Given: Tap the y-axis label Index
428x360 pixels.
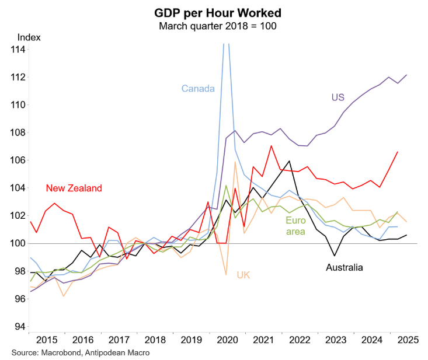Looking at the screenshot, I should click(x=29, y=37).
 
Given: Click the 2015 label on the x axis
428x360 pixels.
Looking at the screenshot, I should click(x=47, y=339).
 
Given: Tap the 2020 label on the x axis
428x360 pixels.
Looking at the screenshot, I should click(x=228, y=339).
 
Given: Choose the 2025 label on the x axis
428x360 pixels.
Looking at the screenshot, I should click(x=408, y=339).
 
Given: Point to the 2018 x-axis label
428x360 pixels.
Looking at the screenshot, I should click(x=155, y=339).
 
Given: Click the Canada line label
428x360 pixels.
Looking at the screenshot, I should click(x=198, y=89).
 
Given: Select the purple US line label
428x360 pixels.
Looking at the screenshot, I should click(x=338, y=97).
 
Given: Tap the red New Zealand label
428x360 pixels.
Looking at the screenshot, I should click(x=74, y=188).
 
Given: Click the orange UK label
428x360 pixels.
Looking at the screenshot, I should click(x=243, y=274).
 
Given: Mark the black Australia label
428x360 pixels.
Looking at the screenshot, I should click(x=345, y=268).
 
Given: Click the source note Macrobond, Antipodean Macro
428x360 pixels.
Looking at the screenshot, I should click(x=82, y=352).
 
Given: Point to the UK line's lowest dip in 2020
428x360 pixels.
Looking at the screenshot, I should click(x=226, y=274).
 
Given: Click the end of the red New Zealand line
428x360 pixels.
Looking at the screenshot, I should click(x=398, y=152).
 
